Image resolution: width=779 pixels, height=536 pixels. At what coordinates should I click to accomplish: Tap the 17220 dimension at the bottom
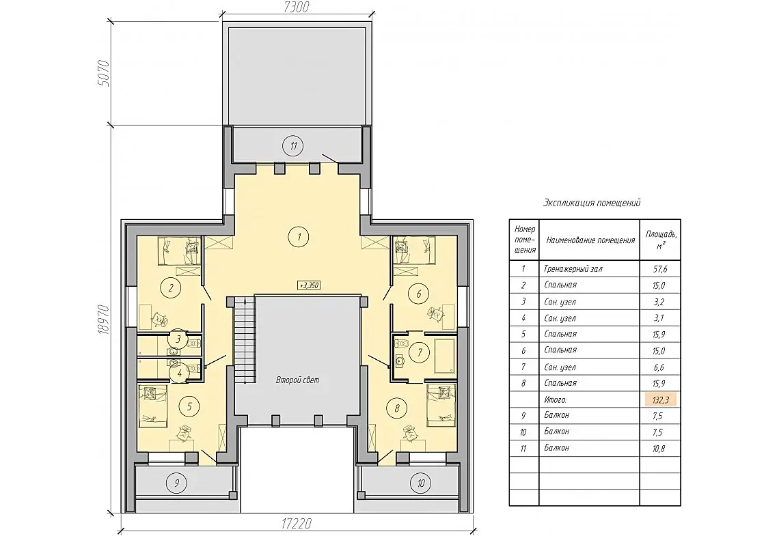click(295, 524)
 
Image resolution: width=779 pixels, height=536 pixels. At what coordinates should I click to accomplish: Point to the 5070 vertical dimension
click(103, 73)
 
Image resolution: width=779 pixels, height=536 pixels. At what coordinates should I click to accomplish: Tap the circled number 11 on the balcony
click(294, 146)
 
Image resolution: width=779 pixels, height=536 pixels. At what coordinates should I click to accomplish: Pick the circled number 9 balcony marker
click(177, 482)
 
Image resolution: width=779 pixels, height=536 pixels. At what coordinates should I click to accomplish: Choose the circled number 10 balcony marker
click(421, 482)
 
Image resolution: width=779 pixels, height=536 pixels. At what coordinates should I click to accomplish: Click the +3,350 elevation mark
click(308, 285)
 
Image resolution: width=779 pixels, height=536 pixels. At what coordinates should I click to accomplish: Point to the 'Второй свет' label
click(297, 380)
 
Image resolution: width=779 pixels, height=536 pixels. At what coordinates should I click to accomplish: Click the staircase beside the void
click(245, 339)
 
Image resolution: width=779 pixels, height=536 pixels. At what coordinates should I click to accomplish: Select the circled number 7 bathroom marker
click(420, 352)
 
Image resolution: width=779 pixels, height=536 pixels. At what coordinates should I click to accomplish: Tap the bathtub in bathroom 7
click(445, 356)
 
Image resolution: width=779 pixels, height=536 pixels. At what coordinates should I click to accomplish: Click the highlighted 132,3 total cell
click(660, 399)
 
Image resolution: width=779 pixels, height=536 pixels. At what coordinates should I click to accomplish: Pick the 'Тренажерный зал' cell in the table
click(573, 269)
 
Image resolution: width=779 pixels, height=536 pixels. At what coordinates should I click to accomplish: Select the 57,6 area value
click(660, 269)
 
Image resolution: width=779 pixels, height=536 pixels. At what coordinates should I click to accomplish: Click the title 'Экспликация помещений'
click(592, 203)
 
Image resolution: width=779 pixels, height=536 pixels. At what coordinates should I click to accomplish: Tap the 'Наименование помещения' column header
click(590, 240)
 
